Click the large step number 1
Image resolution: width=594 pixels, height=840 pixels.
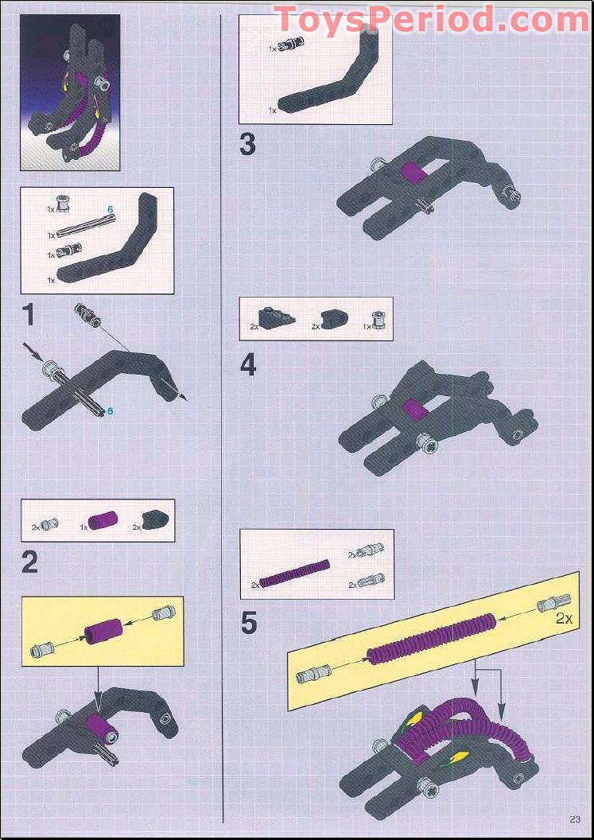pos(29,315)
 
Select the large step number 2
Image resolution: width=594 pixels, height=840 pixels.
pos(29,562)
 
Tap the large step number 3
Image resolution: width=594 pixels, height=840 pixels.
pos(248,146)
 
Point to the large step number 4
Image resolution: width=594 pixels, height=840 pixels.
pos(248,364)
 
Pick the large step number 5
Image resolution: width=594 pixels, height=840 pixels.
pos(249,623)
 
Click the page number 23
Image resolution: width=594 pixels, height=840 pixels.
pos(575,821)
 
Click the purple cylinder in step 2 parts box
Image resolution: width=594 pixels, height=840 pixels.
pos(102,522)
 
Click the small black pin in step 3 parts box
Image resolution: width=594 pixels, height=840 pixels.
pos(286,47)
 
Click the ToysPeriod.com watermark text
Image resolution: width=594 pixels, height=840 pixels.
pos(430,20)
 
